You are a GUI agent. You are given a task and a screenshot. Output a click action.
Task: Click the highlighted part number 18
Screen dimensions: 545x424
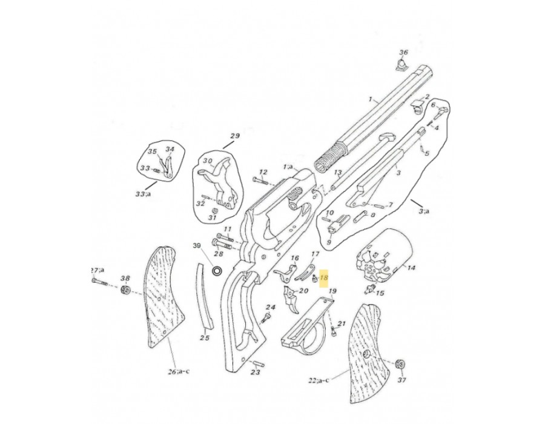pos(324,278)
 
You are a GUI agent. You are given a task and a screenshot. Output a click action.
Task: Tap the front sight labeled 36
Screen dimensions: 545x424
pos(402,65)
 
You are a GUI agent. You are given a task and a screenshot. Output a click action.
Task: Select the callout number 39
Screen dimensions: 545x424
pos(197,246)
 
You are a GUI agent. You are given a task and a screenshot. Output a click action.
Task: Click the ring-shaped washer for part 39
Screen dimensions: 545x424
pos(218,270)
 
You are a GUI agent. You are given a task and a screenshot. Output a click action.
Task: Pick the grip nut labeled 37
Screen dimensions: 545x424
pos(401,365)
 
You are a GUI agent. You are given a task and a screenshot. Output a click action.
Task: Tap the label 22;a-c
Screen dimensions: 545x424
pos(319,380)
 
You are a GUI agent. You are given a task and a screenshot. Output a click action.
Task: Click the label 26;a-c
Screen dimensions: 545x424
pos(179,371)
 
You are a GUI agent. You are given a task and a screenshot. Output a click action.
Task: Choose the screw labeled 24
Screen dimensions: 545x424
pos(266,317)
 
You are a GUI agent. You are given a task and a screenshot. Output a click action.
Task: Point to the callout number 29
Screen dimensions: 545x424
pos(236,136)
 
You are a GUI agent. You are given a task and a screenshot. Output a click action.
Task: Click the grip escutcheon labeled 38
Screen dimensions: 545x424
pos(125,290)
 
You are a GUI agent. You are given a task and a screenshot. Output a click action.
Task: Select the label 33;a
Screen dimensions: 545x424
pos(143,193)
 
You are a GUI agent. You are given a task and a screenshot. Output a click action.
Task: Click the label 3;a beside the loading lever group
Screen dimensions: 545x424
pos(424,211)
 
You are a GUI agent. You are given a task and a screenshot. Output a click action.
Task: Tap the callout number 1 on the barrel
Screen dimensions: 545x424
pos(371,100)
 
